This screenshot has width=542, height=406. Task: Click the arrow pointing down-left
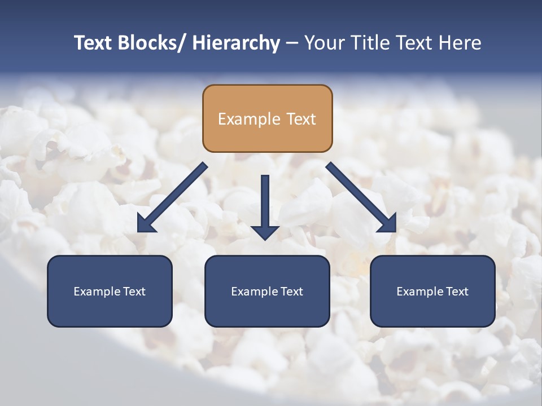pos(172,197)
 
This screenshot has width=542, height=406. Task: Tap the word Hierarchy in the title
pos(236,43)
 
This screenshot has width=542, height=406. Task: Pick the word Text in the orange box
pos(300,119)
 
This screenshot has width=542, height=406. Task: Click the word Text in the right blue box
pos(457,292)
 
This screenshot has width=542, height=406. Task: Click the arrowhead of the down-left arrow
pos(146,224)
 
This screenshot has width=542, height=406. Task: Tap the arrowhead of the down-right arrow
pos(387,224)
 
